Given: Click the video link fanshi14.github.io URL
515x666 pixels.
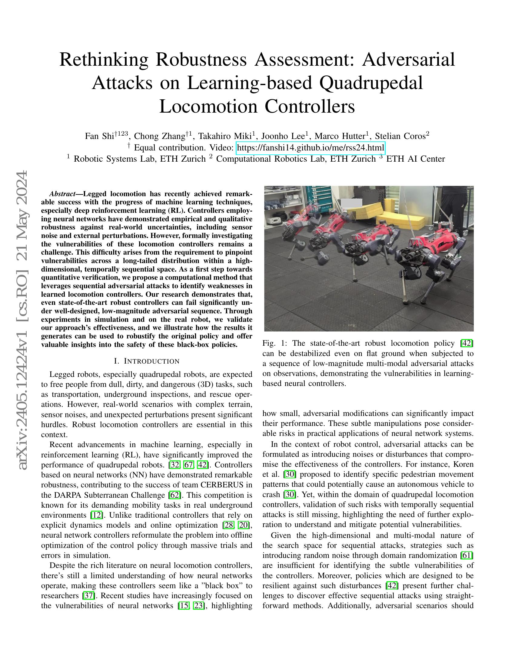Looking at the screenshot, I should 310,148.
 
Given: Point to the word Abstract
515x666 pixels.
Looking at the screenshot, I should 62,194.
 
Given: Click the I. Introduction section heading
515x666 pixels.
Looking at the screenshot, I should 146,361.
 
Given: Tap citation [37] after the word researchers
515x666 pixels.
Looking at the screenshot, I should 89,595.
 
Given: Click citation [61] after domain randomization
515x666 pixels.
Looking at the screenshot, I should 467,555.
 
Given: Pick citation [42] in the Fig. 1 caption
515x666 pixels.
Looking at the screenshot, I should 467,343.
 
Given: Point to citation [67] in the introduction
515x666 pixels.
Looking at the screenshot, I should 188,465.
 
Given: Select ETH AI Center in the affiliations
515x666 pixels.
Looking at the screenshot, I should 416,159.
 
